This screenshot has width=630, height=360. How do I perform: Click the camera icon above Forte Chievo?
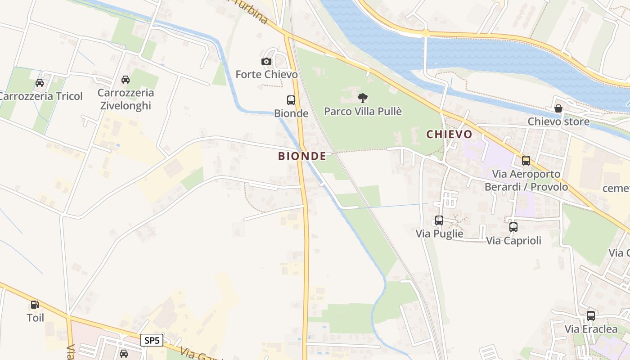266,62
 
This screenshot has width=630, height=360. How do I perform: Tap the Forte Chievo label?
266,74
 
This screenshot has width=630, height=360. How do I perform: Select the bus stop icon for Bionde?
291,100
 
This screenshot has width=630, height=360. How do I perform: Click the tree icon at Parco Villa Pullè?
362,98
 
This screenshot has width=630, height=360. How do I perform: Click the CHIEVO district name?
449,134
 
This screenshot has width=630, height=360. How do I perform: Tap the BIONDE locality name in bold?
302,156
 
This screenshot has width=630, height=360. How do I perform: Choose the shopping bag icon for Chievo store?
558,108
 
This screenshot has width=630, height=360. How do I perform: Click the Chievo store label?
558,121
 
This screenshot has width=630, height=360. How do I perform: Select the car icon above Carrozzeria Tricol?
40,83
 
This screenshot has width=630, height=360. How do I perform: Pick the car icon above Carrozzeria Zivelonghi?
126,80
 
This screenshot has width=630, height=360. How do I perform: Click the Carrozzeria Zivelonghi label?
126,99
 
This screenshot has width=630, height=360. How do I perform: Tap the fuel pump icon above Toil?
35,305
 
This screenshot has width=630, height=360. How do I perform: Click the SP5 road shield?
152,340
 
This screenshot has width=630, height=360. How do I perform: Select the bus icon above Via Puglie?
439,220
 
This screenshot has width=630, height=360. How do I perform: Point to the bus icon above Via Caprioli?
513,227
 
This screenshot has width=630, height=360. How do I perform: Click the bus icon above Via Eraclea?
591,316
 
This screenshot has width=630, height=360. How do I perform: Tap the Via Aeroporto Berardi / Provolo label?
526,180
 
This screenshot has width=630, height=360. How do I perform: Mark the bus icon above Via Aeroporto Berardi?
526,161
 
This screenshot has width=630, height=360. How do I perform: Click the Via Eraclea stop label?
591,329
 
